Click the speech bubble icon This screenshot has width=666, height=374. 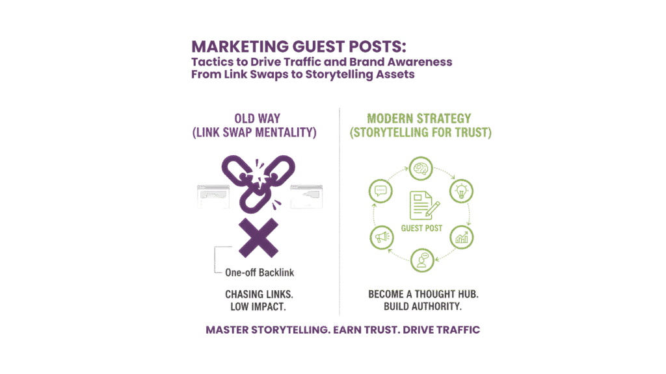(380, 192)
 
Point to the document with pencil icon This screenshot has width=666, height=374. (421, 205)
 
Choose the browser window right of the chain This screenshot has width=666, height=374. (306, 197)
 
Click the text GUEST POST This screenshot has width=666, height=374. (421, 228)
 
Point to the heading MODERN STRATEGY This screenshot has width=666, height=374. (419, 119)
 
